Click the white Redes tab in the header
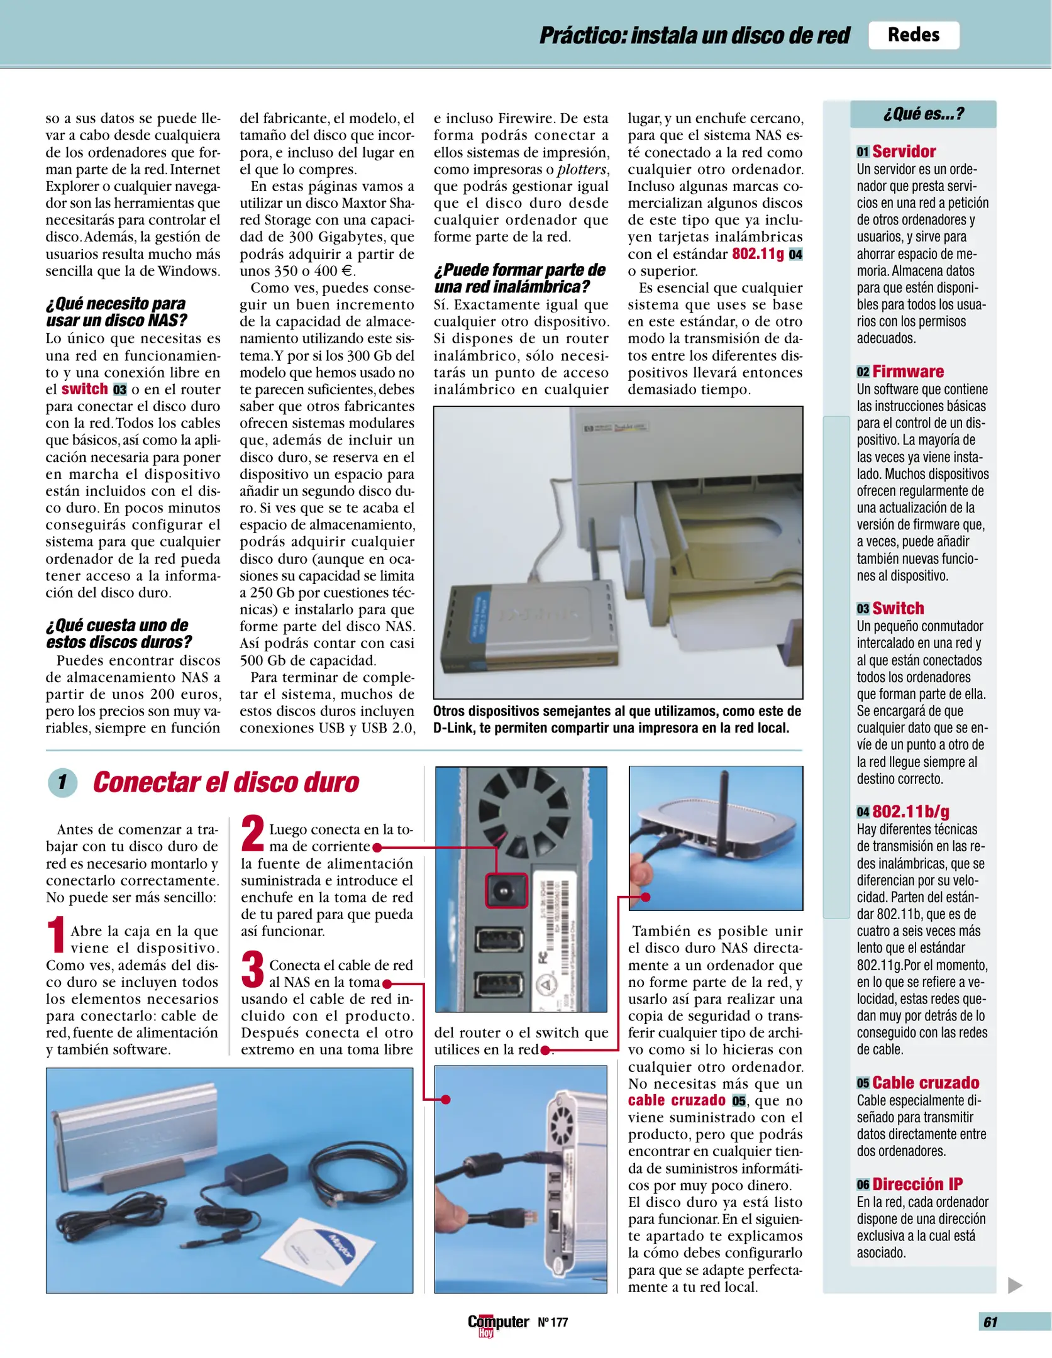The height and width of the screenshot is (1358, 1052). [913, 35]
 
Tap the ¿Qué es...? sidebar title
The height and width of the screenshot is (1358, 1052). [922, 114]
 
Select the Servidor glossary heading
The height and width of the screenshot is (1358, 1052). [903, 152]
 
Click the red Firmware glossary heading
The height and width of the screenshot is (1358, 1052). [907, 372]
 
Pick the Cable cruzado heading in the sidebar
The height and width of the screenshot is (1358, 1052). [925, 1083]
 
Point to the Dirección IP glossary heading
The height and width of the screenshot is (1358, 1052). [917, 1184]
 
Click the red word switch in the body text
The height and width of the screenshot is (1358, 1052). [85, 389]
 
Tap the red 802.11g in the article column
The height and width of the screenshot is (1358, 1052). [757, 254]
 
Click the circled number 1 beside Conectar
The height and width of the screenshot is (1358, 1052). [62, 783]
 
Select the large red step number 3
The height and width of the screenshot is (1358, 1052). [253, 969]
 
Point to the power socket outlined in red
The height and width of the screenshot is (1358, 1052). [506, 890]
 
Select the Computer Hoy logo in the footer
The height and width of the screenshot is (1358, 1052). [497, 1323]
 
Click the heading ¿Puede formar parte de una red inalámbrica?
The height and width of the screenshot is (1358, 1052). [519, 279]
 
